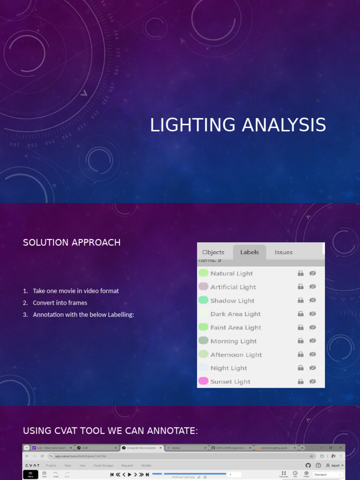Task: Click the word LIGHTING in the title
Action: point(193,125)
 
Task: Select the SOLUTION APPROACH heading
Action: point(72,242)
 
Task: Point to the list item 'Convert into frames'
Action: point(60,303)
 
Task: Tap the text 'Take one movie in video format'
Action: point(76,291)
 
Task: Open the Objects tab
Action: point(213,252)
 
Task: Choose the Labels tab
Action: point(249,252)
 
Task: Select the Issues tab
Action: point(284,252)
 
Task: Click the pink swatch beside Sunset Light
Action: point(203,381)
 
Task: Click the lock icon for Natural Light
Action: point(300,273)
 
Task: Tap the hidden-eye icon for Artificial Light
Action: point(313,286)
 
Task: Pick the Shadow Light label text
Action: point(232,300)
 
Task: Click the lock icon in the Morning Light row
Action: point(300,341)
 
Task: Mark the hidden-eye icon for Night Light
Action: point(313,368)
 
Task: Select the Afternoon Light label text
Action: point(236,355)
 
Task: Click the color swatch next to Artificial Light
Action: point(203,286)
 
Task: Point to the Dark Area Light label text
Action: point(235,314)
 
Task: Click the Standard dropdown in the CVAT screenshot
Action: point(327,474)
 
